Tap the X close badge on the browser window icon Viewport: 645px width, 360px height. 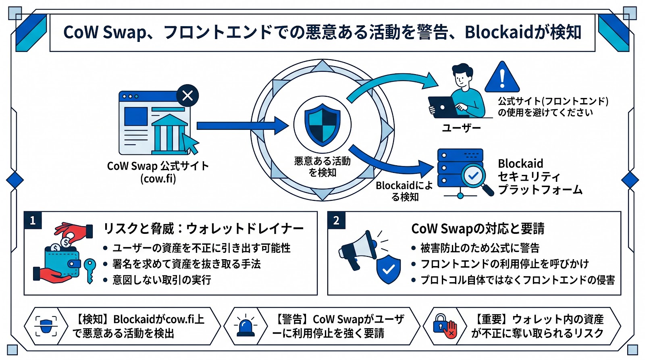coord(187,96)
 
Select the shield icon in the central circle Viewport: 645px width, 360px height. coord(322,125)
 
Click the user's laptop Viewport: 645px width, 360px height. coord(443,107)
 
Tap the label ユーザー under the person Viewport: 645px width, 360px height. coord(461,128)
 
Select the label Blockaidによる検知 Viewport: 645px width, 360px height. coord(404,191)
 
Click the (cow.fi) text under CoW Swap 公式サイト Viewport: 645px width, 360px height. coord(158,179)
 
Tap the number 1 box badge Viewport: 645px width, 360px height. coord(33,220)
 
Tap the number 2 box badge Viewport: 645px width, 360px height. coord(336,220)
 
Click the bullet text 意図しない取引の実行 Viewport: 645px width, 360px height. coord(162,280)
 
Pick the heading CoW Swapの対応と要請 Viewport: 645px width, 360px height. coord(478,229)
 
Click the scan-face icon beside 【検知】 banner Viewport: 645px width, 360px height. coord(46,326)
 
